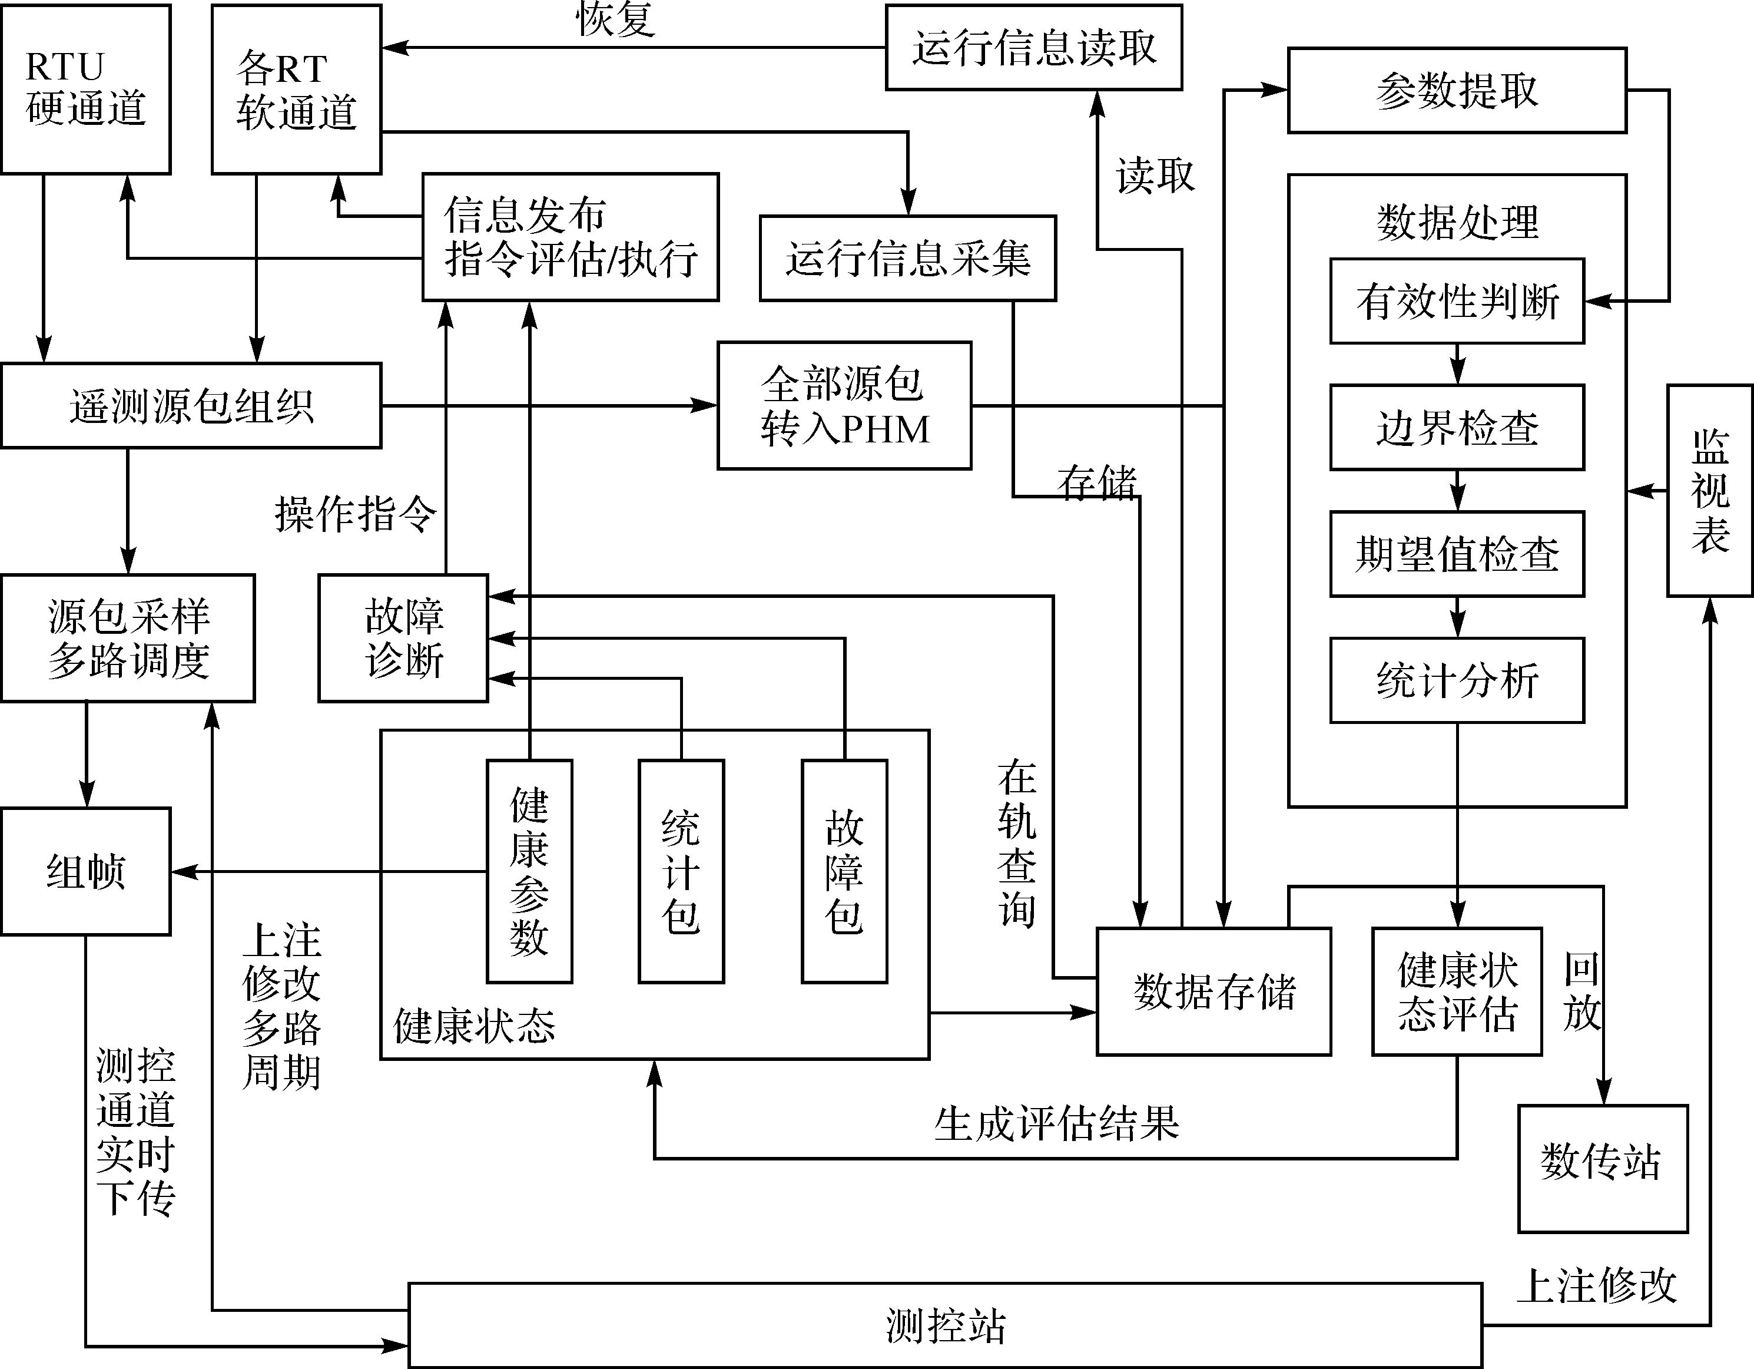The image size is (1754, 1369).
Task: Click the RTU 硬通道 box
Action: tap(86, 89)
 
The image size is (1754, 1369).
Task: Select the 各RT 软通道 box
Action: tap(296, 89)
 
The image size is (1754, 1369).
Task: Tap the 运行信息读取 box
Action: tap(1033, 47)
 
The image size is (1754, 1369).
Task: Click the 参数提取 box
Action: tap(1457, 90)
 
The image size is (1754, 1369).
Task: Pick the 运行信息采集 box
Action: tap(907, 259)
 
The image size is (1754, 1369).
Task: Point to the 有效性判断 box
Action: tap(1457, 301)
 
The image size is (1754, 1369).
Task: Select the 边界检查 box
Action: tap(1457, 428)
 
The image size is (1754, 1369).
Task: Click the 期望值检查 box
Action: tap(1457, 554)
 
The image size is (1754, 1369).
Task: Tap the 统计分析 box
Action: tap(1457, 680)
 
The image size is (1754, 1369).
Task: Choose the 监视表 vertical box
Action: tap(1710, 491)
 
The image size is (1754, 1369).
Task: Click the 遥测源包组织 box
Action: tap(191, 406)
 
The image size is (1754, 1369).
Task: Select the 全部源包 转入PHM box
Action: tap(844, 406)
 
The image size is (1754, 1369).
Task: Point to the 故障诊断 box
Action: tap(403, 638)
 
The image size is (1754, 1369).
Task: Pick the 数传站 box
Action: tap(1602, 1169)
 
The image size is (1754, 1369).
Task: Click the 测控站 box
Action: tap(945, 1325)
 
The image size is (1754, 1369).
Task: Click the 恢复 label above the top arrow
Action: tap(616, 19)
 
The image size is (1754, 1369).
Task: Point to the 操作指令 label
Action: tap(356, 514)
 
